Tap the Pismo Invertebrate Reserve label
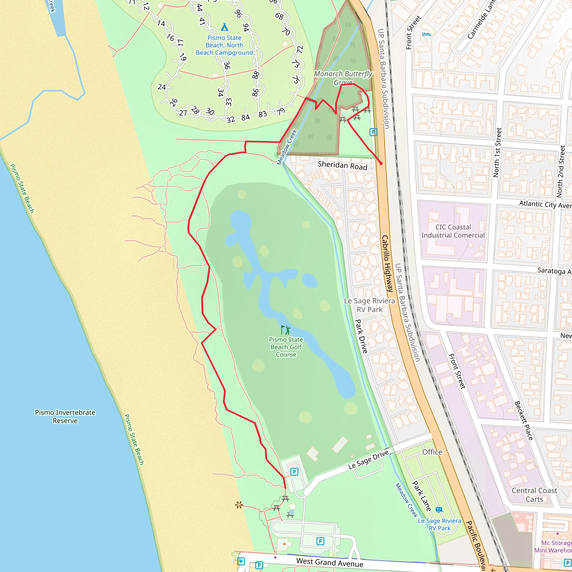coord(65,416)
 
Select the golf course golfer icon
coord(286,330)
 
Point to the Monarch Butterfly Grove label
coord(343,78)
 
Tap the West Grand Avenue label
coord(330,562)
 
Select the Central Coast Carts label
coord(534,495)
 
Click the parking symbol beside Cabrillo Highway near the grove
coord(373,132)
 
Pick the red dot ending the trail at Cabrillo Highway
coord(381,163)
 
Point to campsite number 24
coord(162,87)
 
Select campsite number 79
coord(281,111)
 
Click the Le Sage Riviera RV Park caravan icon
coord(439,509)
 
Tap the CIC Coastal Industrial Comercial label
coord(453,231)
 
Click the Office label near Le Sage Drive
coord(432,452)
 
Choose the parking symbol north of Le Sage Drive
coord(294,471)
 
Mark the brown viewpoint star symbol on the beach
coord(239,505)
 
